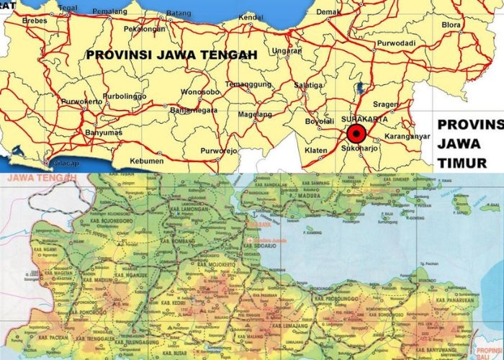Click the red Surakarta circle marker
[x=356, y=134]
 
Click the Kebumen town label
[x=147, y=161]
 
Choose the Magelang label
[x=256, y=114]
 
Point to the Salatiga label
[x=309, y=84]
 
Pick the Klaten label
[x=317, y=151]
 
